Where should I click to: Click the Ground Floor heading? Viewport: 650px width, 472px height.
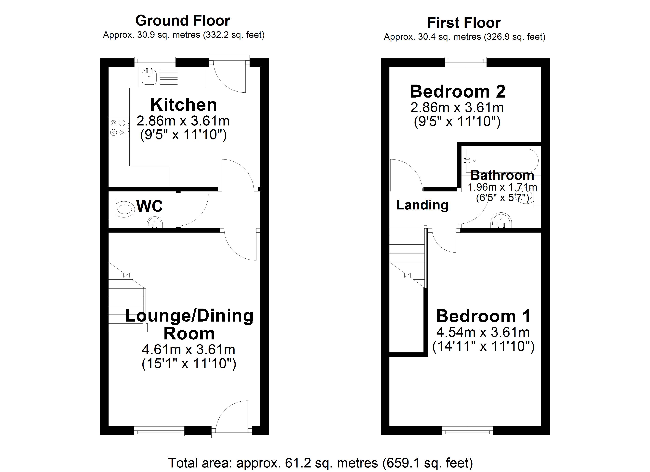[x=183, y=21]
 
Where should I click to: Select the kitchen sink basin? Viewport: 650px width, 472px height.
[x=149, y=77]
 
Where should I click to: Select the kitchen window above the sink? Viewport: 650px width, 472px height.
[x=155, y=61]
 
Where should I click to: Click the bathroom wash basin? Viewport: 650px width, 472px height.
[x=501, y=221]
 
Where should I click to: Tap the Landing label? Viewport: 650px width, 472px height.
[x=422, y=205]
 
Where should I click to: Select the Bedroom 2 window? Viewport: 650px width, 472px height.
[x=465, y=62]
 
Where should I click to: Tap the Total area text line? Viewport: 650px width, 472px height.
[x=320, y=463]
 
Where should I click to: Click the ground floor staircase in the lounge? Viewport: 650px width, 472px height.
[x=126, y=303]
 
